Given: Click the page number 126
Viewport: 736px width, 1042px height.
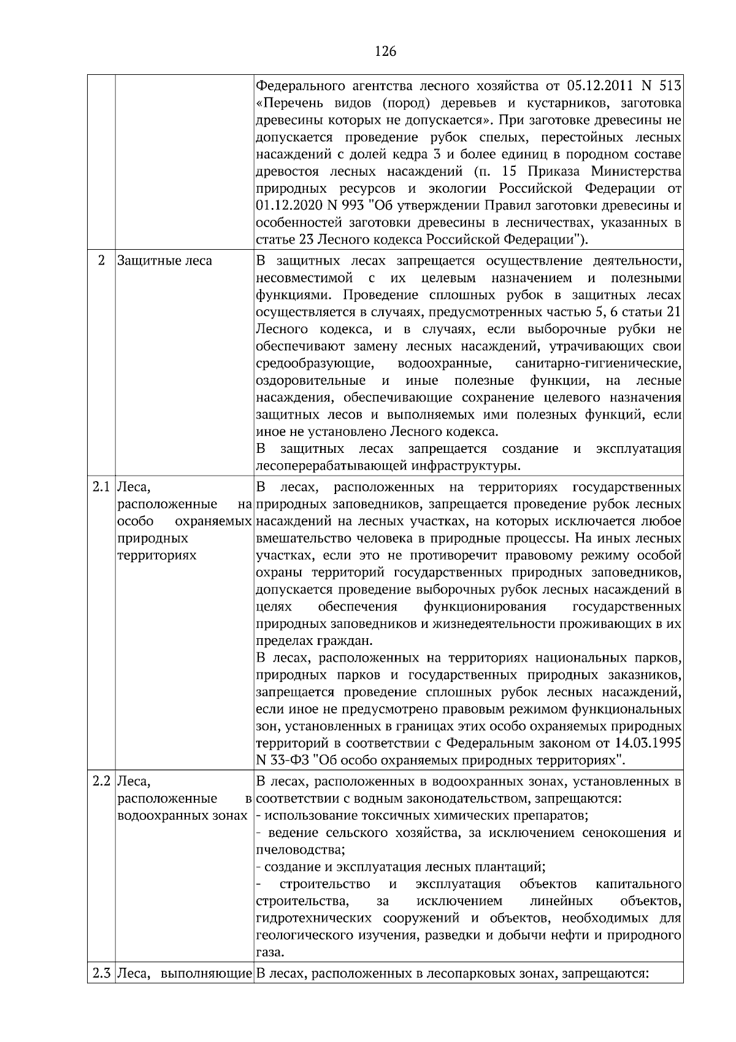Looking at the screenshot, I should [385, 52].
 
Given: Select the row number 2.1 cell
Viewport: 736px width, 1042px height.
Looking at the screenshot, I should [101, 488].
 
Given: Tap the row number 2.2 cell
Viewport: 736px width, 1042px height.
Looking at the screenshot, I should [101, 782].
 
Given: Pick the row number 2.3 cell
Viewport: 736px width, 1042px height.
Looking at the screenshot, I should [101, 973].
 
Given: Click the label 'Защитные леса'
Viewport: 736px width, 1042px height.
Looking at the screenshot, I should [164, 261].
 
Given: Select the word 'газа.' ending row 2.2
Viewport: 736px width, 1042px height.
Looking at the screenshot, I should [270, 953].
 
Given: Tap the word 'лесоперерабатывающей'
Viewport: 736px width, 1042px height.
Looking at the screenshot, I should [326, 466].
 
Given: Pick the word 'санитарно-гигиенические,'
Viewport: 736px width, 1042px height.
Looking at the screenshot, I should [599, 364].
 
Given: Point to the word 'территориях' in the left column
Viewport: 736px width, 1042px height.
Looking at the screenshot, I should [156, 555].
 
